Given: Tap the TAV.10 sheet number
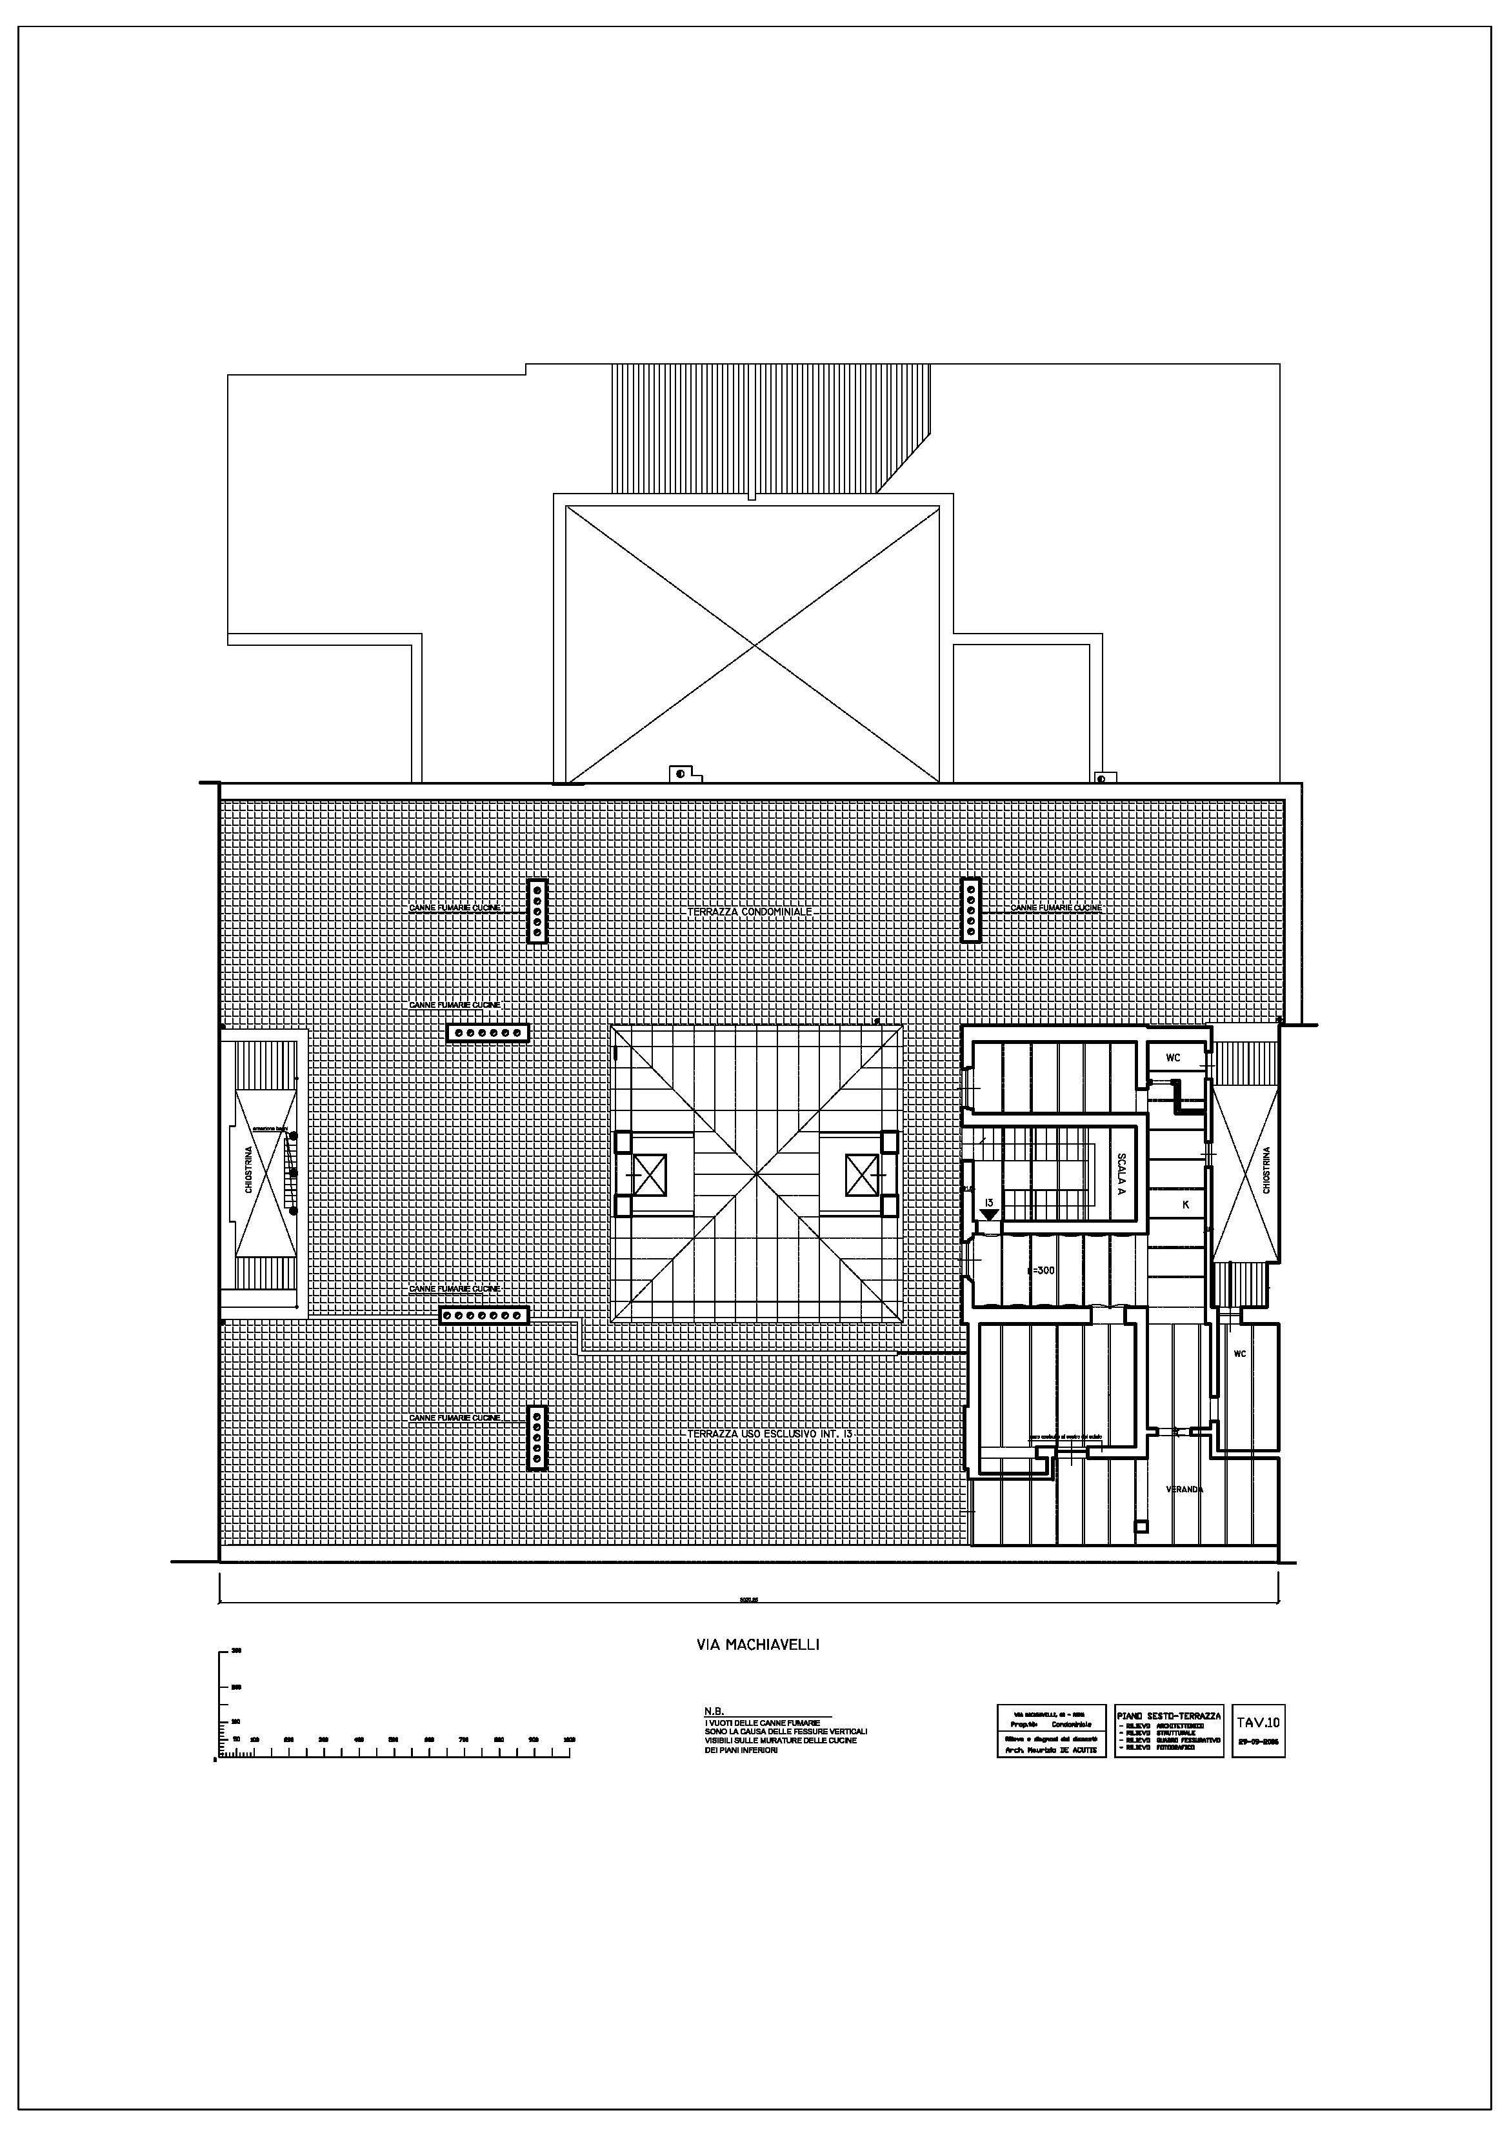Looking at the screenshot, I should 1258,1722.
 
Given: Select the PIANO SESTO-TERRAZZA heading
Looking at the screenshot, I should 1169,1716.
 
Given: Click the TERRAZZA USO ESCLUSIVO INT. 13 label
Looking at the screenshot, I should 770,1435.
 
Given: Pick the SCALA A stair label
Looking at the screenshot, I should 1121,1174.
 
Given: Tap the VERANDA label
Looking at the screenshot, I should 1184,1490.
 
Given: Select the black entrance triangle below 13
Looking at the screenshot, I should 989,1214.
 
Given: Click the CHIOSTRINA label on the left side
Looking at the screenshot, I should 248,1170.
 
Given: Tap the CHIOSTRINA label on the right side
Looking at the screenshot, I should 1266,1170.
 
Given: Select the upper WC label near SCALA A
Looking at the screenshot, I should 1174,1058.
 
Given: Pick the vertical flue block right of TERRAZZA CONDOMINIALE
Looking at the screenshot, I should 971,910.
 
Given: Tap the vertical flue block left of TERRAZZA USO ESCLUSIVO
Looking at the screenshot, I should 537,1438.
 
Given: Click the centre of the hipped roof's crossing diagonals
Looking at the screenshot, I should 756,1174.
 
